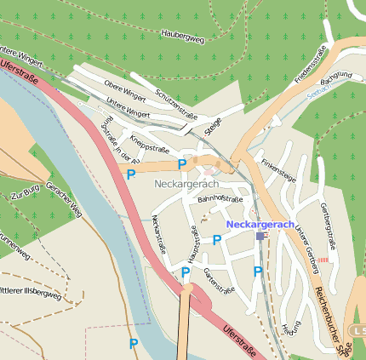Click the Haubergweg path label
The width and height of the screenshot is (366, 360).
(183, 35)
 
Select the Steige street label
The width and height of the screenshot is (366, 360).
(212, 129)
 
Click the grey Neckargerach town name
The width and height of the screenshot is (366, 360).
(186, 184)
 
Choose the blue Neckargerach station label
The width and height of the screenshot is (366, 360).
(260, 225)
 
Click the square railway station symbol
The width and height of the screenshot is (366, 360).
(260, 236)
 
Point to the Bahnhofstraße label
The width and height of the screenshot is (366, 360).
(220, 199)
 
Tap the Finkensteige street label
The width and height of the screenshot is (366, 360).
(278, 168)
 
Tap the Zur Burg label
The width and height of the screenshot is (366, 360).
(26, 197)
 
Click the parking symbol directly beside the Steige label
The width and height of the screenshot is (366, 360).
(181, 164)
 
